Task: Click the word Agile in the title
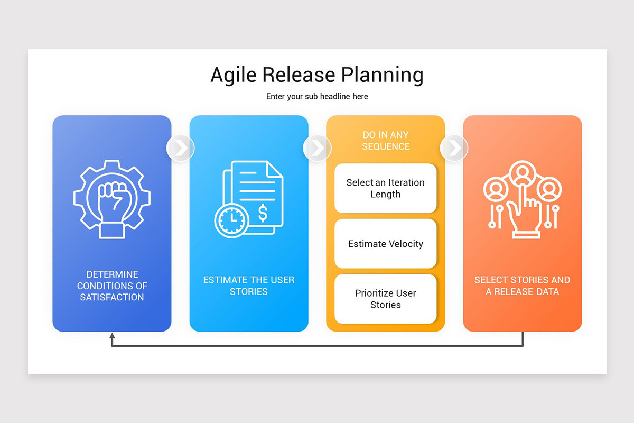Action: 233,75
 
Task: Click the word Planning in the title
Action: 382,75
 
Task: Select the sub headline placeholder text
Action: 317,97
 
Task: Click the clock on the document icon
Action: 231,220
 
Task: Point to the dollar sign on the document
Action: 263,213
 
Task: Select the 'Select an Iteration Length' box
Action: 386,188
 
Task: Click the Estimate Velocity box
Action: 386,243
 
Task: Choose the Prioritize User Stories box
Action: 386,299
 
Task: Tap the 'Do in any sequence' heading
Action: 386,141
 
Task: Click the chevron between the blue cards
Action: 181,148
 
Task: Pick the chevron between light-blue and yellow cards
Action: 318,148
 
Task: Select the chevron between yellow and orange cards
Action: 454,148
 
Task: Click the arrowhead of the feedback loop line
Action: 112,336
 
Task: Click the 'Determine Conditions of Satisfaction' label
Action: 112,286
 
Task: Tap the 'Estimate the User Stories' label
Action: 249,286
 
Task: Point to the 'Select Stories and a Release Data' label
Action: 522,286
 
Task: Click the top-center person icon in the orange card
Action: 523,172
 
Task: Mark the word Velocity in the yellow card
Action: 406,244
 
